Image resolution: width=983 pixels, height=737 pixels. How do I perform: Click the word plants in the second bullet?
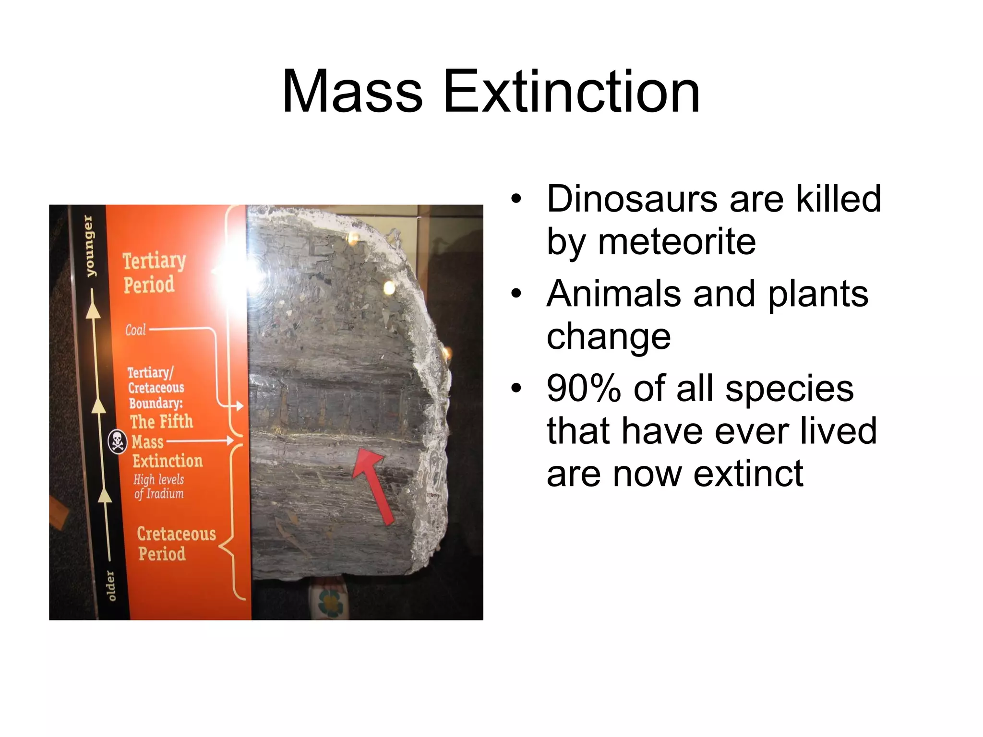click(x=818, y=294)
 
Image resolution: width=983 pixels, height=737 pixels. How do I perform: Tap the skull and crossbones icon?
click(x=117, y=441)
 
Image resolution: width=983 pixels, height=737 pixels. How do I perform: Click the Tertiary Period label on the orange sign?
click(x=154, y=273)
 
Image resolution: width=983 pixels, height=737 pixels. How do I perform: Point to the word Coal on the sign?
click(x=135, y=330)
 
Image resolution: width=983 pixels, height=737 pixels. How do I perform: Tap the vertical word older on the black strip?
click(x=111, y=585)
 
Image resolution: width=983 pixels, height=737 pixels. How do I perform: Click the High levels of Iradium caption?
click(x=159, y=486)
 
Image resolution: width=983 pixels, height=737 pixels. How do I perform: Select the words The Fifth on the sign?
click(x=161, y=421)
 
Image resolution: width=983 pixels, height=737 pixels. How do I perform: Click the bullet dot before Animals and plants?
click(x=516, y=294)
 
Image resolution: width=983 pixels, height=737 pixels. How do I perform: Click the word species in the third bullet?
click(x=789, y=389)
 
